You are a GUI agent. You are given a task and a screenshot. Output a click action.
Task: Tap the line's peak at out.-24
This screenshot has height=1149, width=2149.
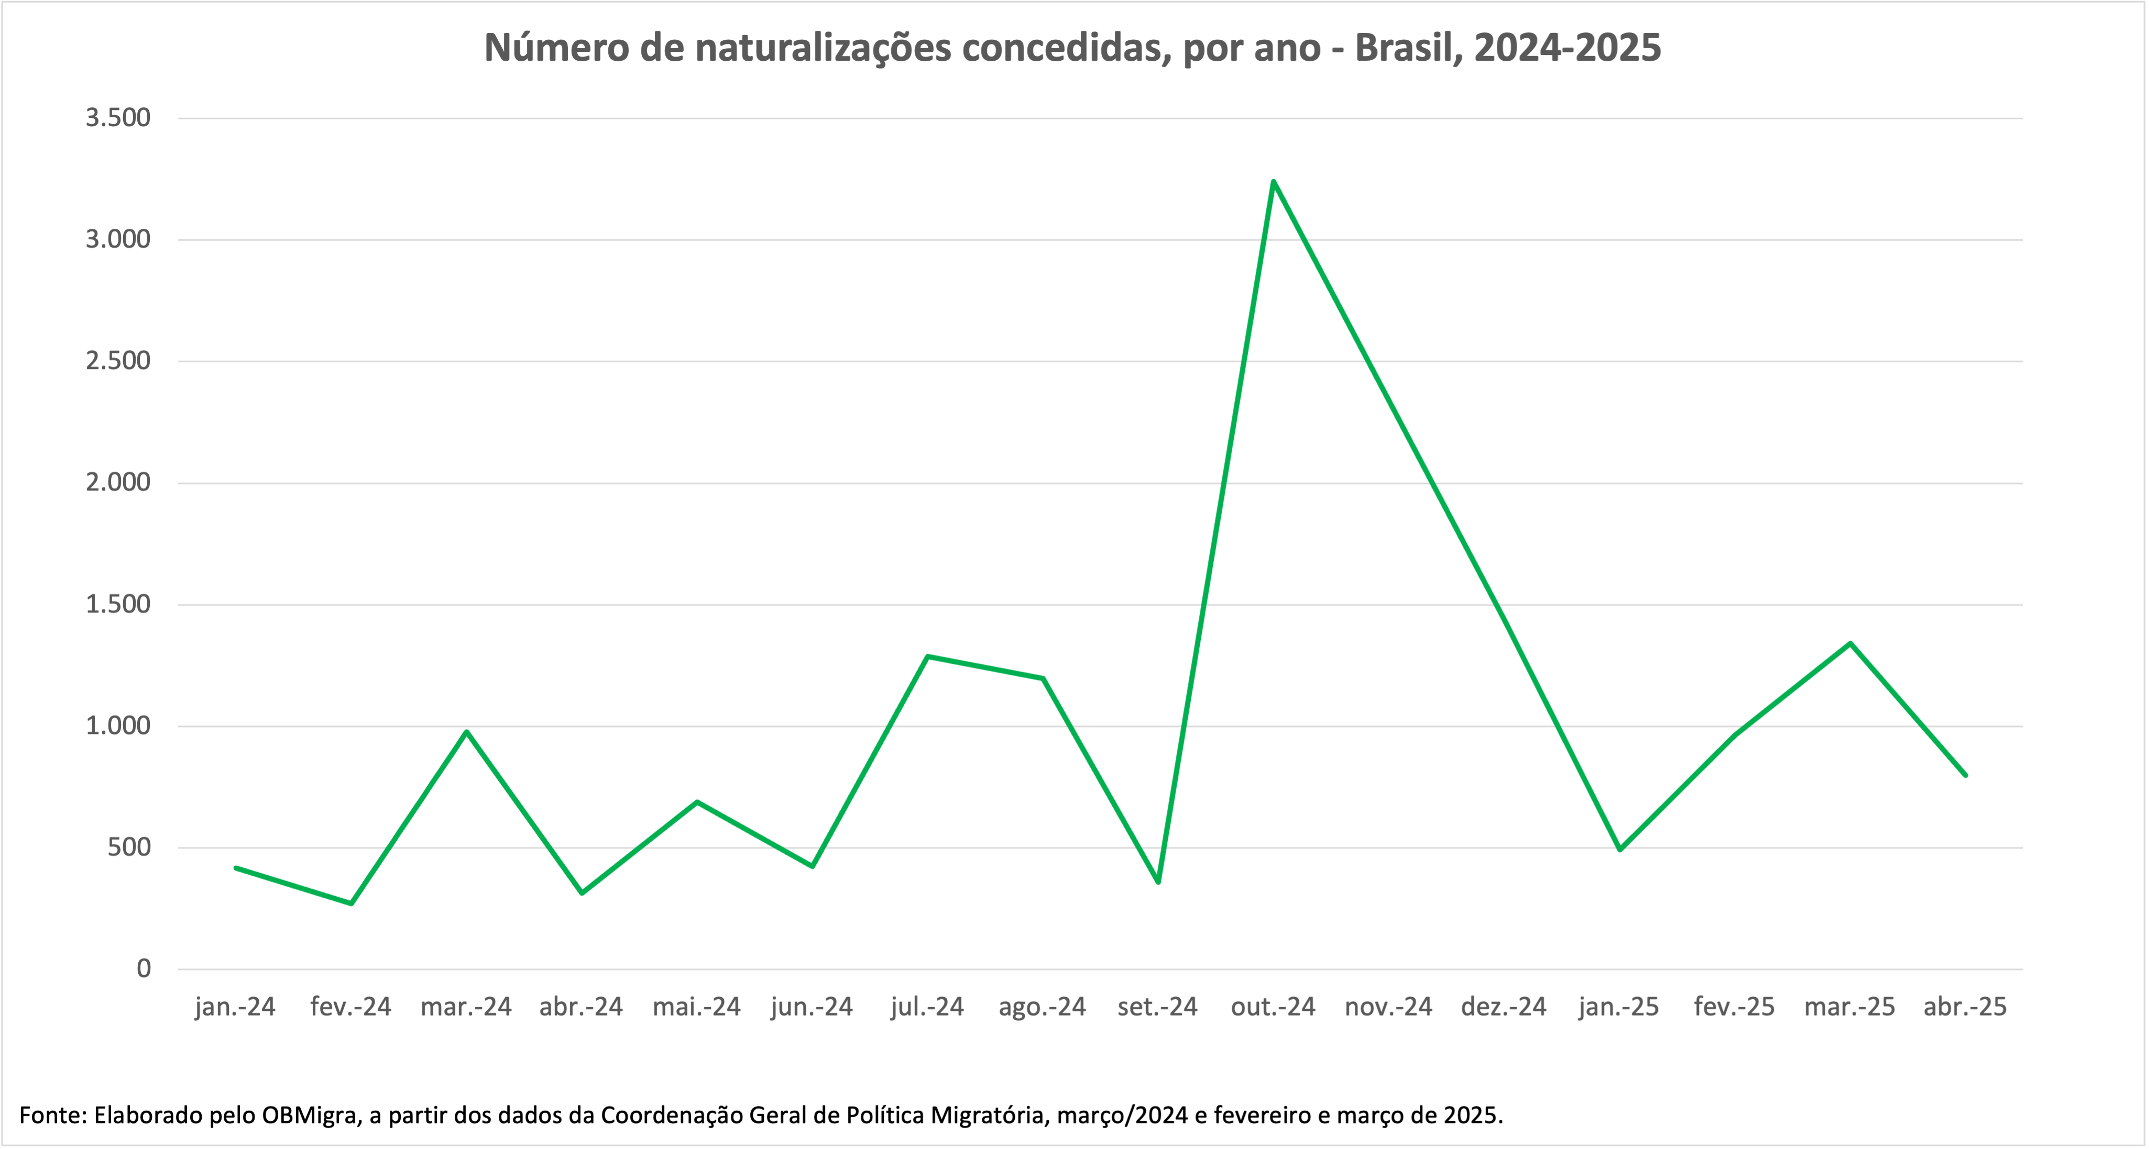(1273, 181)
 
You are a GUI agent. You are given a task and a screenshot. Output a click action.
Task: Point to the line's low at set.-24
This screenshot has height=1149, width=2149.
(1158, 882)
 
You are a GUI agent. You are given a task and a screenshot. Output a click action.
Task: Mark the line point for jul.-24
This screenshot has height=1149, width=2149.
(928, 656)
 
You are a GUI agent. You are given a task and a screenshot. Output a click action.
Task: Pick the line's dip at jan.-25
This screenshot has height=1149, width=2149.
(1619, 850)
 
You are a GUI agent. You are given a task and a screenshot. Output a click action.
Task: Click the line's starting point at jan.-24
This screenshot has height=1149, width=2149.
(236, 868)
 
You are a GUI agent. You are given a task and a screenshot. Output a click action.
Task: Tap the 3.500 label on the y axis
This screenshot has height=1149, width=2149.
(118, 118)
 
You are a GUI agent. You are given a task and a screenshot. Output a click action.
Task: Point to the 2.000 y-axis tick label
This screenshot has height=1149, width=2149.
(118, 482)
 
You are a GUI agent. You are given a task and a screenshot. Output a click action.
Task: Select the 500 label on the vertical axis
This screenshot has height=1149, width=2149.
(129, 847)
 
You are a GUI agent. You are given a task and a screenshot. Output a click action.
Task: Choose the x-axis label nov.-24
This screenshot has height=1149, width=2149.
(1388, 1007)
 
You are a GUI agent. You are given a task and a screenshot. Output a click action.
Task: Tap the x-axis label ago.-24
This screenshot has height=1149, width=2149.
(1042, 1007)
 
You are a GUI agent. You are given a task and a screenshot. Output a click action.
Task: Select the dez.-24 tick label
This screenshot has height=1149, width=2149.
(1503, 1007)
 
